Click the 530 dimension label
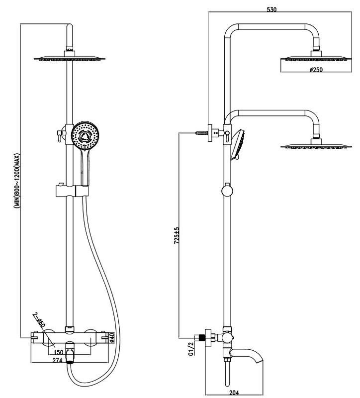271,9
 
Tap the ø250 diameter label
316,69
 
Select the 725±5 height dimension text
177,235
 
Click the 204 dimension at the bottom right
234,393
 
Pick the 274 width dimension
57,360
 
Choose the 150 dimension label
58,352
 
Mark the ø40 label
112,338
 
